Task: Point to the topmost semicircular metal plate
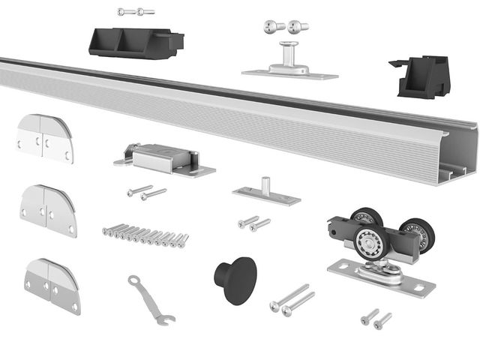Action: [45, 137]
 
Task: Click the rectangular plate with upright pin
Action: [266, 193]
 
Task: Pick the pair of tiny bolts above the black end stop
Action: [136, 12]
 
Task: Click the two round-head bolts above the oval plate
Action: [286, 26]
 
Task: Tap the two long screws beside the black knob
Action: [291, 299]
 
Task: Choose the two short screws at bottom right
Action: [376, 319]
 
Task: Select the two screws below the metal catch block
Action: [146, 193]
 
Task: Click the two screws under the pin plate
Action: [254, 223]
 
